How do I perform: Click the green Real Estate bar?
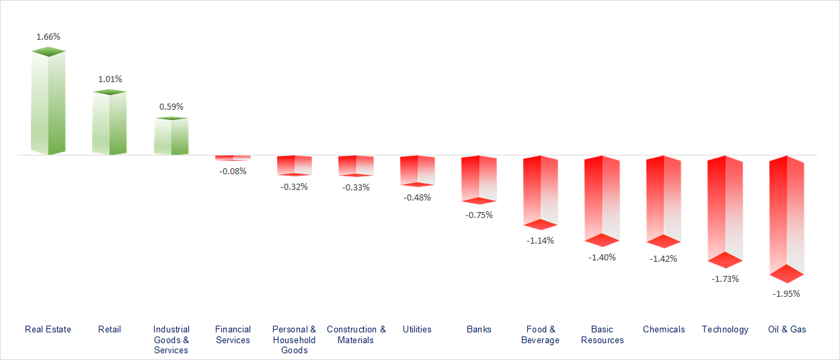pyautogui.click(x=48, y=102)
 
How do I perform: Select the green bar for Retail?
pyautogui.click(x=110, y=122)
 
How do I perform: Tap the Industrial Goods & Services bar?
pyautogui.click(x=171, y=137)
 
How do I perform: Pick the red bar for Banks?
pyautogui.click(x=479, y=179)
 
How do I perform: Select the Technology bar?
pyautogui.click(x=725, y=209)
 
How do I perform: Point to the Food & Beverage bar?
pyautogui.click(x=541, y=192)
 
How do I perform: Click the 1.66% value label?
pyautogui.click(x=48, y=36)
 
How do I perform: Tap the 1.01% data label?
pyautogui.click(x=110, y=79)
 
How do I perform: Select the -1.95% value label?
pyautogui.click(x=786, y=293)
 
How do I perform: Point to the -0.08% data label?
pyautogui.click(x=233, y=171)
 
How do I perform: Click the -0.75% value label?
pyautogui.click(x=479, y=215)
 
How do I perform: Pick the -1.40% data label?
pyautogui.click(x=602, y=257)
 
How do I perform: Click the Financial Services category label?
pyautogui.click(x=233, y=334)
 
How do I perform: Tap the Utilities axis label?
pyautogui.click(x=417, y=329)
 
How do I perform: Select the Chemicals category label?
pyautogui.click(x=664, y=329)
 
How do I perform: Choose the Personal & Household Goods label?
pyautogui.click(x=294, y=339)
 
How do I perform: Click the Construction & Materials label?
pyautogui.click(x=356, y=334)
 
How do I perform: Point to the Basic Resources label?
pyautogui.click(x=602, y=334)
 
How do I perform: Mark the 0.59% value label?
pyautogui.click(x=171, y=106)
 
